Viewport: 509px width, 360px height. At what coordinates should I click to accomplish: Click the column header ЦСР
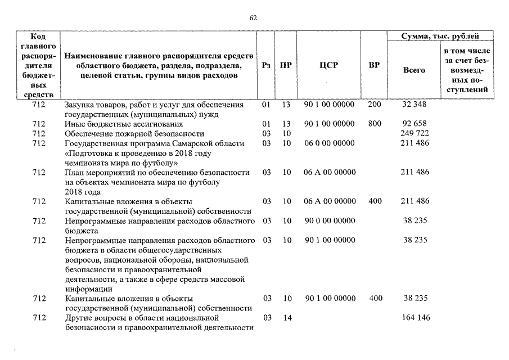click(328, 65)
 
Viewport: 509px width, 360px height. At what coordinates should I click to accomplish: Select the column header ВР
click(373, 65)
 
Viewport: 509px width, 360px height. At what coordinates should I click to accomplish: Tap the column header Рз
click(267, 65)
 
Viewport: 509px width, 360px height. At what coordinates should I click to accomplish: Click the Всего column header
click(415, 70)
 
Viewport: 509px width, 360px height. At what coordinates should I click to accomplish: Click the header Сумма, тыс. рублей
click(440, 37)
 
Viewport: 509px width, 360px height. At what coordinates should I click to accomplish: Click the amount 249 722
click(415, 133)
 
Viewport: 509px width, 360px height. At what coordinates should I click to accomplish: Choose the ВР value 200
click(375, 105)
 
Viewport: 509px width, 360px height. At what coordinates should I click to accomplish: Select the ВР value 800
click(375, 124)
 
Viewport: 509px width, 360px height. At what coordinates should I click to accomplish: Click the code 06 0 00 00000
click(329, 143)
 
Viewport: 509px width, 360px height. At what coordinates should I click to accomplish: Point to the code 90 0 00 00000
click(329, 221)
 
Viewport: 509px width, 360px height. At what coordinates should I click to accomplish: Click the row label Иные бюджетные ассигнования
click(124, 124)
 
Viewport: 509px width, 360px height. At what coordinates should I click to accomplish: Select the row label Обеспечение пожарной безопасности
click(134, 133)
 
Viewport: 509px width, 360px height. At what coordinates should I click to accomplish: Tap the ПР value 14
click(287, 318)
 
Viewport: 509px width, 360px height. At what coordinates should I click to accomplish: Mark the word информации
click(86, 289)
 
